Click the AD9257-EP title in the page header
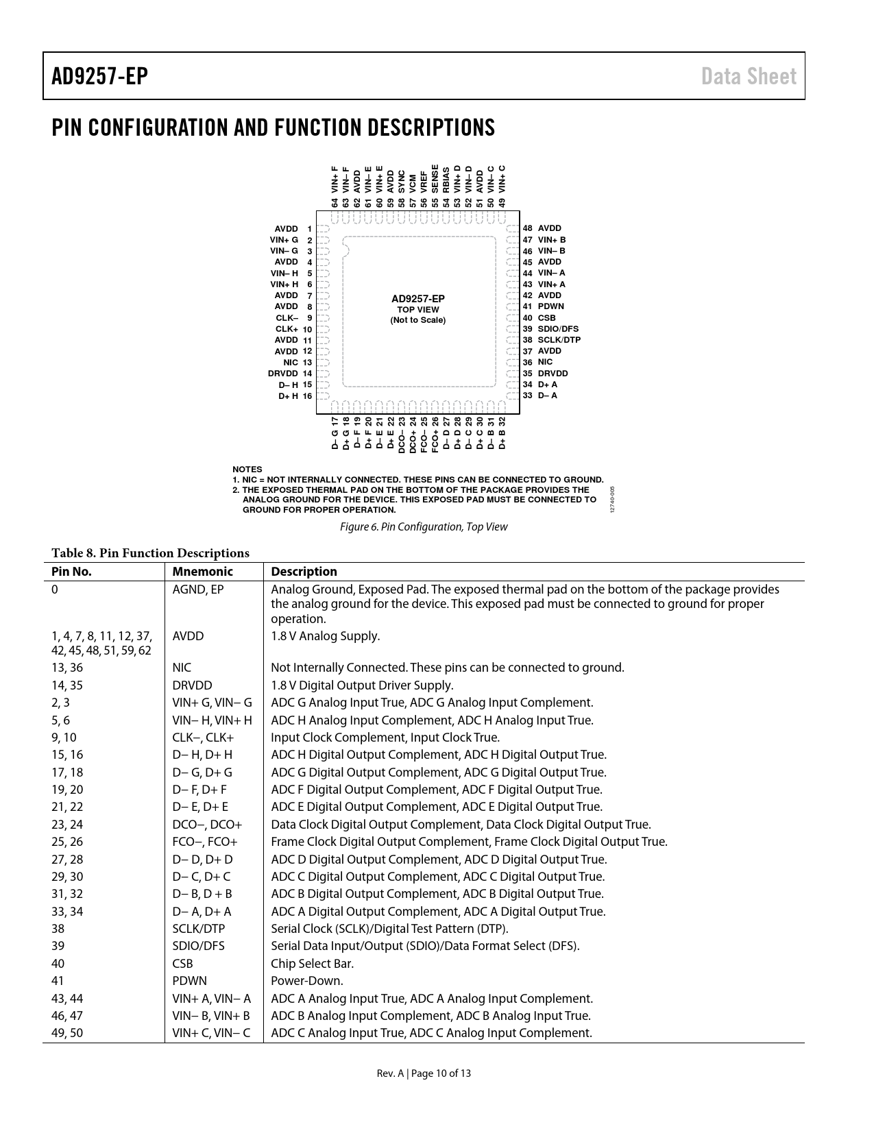tap(99, 76)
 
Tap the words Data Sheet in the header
tap(749, 76)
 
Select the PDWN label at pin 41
tap(550, 306)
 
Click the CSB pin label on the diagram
tap(546, 318)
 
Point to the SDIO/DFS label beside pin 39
tap(558, 329)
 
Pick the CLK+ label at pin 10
tap(287, 329)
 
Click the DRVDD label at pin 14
tap(282, 374)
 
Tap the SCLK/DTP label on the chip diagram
tap(559, 340)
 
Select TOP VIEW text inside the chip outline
tap(418, 310)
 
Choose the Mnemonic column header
tap(202, 572)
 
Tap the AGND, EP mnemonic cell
tap(198, 589)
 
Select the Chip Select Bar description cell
tap(312, 964)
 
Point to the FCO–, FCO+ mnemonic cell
tap(205, 842)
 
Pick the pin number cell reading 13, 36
tap(67, 668)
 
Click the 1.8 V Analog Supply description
tap(325, 636)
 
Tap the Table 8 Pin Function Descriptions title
tap(150, 553)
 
